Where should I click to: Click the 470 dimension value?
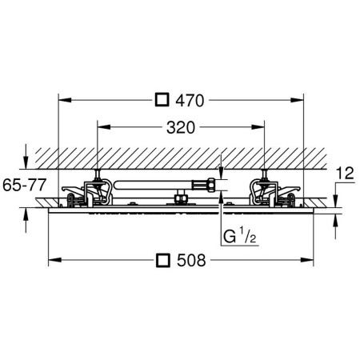pos(190,101)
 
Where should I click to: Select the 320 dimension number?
pos(181,127)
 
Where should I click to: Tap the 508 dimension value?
pos(191,260)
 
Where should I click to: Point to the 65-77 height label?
pos(25,185)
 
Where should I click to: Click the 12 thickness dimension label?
pos(345,174)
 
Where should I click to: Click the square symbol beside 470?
pos(162,100)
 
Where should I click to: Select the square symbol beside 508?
pos(163,260)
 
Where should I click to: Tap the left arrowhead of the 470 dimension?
pos(65,100)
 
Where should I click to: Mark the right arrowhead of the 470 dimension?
pos(297,100)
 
